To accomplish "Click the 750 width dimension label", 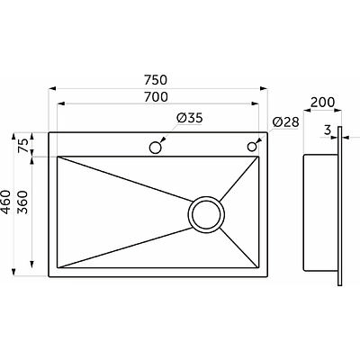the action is pos(156,80).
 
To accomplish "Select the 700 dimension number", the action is pos(156,97).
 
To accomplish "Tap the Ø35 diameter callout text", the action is pos(190,118).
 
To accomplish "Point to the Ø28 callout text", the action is pos(286,122).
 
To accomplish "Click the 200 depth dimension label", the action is pos(322,103).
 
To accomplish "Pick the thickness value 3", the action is pos(328,130).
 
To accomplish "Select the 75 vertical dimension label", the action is pos(24,146).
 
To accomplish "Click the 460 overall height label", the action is pos(6,202).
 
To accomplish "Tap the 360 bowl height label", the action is pos(23,202).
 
